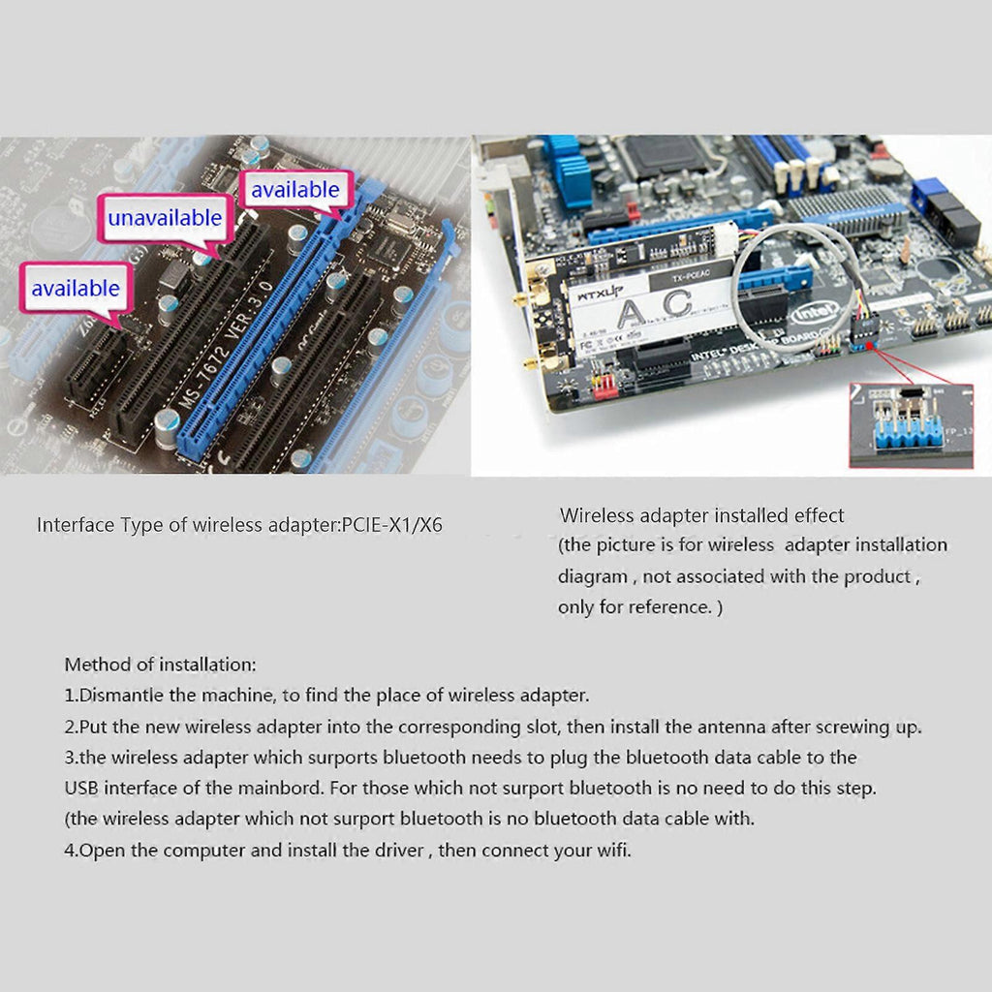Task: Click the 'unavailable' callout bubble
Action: pyautogui.click(x=165, y=218)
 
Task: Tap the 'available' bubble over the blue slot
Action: pyautogui.click(x=295, y=190)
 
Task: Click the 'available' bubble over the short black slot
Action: pyautogui.click(x=76, y=289)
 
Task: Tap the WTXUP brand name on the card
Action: pyautogui.click(x=601, y=294)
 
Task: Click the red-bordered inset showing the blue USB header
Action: pyautogui.click(x=911, y=426)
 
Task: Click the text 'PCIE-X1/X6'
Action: pyautogui.click(x=391, y=525)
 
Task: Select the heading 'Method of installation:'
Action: pyautogui.click(x=161, y=665)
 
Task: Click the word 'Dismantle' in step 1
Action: pyautogui.click(x=121, y=695)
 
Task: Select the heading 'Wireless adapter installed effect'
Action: pyautogui.click(x=701, y=515)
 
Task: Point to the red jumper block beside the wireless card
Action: pyautogui.click(x=605, y=385)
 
